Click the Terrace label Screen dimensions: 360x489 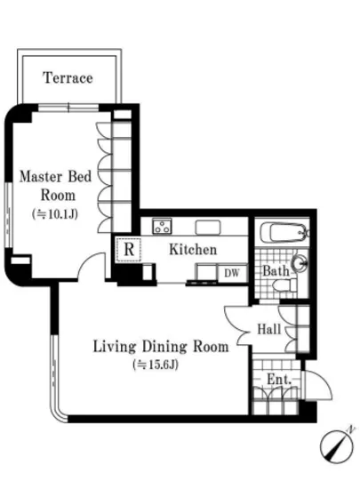click(68, 77)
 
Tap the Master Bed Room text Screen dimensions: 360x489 click(56, 186)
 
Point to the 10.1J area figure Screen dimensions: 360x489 click(55, 214)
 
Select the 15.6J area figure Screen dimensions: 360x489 click(156, 365)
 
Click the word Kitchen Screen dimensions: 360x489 click(193, 250)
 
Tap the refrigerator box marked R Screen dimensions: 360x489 click(128, 250)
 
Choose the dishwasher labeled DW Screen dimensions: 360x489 click(232, 274)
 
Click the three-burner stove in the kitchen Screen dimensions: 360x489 click(162, 227)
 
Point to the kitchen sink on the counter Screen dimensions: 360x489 click(208, 228)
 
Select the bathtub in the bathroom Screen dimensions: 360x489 click(283, 232)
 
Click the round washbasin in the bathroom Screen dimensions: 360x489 click(300, 263)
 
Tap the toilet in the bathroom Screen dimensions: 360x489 click(284, 285)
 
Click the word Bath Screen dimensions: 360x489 click(276, 271)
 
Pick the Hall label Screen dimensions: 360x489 click(268, 329)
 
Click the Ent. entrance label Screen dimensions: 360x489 click(279, 380)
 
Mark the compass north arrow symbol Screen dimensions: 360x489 click(338, 445)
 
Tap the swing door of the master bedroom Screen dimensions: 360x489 click(92, 265)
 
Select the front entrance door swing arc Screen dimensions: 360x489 click(318, 385)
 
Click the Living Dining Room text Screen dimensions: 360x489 click(161, 347)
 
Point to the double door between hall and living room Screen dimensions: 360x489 click(238, 325)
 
